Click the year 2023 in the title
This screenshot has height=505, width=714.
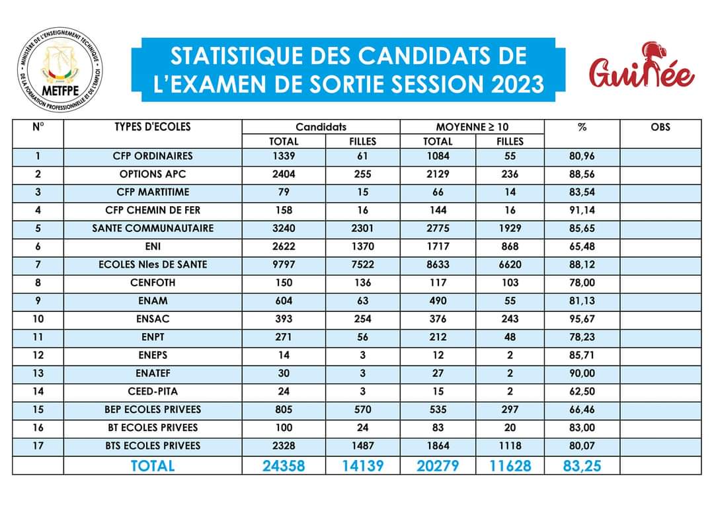[517, 84]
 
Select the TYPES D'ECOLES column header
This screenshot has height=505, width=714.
[152, 126]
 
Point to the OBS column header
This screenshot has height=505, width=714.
[660, 126]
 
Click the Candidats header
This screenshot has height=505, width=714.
[321, 126]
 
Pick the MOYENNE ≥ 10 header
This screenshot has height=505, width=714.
[472, 126]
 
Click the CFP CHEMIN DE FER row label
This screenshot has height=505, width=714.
[152, 210]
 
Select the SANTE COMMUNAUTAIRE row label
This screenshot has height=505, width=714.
[152, 228]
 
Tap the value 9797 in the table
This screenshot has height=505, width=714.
[284, 264]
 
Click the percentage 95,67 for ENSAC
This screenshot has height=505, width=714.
[582, 319]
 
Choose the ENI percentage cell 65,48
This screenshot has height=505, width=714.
[582, 247]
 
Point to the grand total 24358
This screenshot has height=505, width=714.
[284, 465]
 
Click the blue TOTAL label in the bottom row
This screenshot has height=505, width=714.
[152, 465]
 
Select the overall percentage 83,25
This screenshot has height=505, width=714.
[582, 465]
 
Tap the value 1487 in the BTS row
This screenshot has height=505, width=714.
[362, 445]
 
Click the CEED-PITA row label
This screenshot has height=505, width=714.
[152, 391]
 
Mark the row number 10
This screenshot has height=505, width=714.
[38, 319]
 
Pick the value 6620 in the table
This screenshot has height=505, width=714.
[510, 264]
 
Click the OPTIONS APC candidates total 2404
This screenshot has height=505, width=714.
[284, 175]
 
